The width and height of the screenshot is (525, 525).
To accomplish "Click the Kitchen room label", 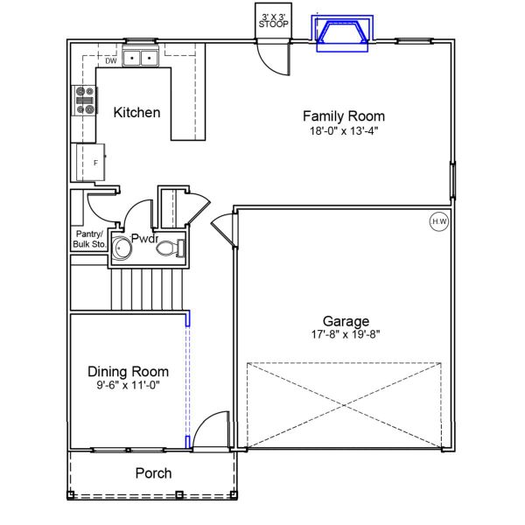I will point(136,112).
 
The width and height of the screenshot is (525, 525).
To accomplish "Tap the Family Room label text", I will point(343,115).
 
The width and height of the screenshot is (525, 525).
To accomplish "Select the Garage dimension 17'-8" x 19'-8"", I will point(346,333).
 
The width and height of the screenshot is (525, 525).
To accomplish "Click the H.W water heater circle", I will point(438,222).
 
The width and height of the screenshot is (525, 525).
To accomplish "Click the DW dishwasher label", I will point(111,61).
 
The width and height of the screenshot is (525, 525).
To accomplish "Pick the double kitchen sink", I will point(140,59).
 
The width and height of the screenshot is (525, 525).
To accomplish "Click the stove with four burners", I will point(85,101).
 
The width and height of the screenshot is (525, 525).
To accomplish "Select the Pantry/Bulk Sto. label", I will point(88,239).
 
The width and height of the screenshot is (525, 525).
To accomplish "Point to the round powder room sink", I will point(122,250).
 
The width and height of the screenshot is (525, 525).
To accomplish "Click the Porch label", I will point(153,473).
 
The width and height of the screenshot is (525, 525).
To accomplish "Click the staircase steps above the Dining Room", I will point(147,289).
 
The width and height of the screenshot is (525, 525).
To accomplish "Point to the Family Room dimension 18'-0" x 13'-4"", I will point(343,130).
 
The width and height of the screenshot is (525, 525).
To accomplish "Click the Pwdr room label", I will point(144,238).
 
